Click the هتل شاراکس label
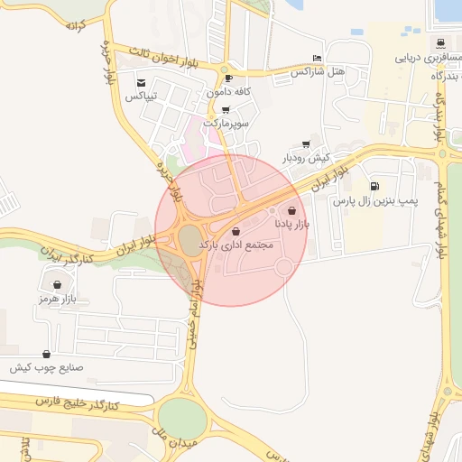coord(321,70)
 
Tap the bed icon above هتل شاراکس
coord(316,57)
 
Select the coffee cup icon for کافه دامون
coord(228,79)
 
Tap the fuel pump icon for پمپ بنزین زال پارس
coord(374,187)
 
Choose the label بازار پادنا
coord(291,222)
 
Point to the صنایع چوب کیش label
coord(47,368)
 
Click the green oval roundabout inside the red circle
coord(189,239)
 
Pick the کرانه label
coord(74,24)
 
